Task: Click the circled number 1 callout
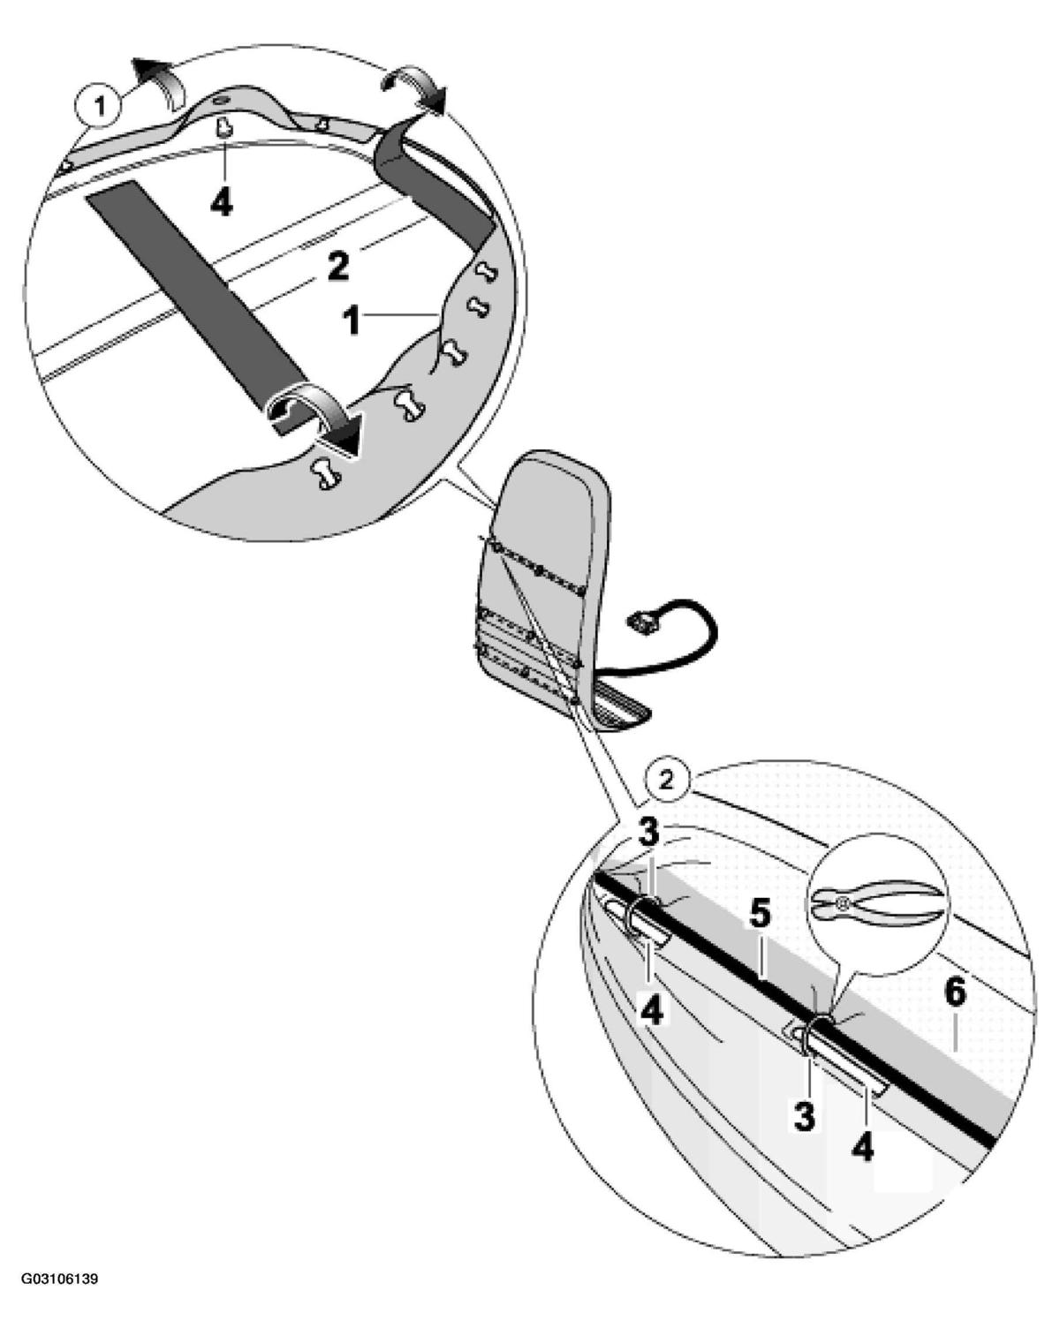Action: [99, 107]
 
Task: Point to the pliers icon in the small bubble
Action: [879, 902]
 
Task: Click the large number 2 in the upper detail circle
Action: [337, 267]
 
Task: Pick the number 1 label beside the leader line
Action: [352, 321]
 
